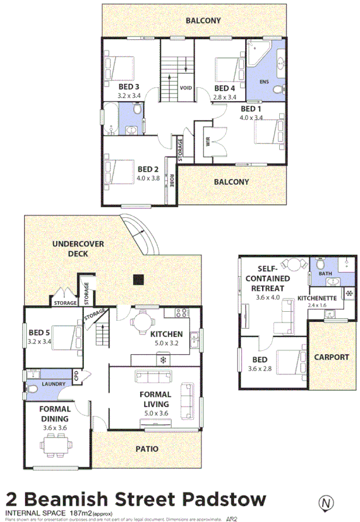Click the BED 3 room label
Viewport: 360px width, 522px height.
coord(128,86)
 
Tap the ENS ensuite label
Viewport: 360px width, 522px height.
coord(265,81)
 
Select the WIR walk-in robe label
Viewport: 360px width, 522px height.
coord(207,142)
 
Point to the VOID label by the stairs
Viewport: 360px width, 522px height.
coord(186,88)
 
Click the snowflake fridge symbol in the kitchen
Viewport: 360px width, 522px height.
coord(163,360)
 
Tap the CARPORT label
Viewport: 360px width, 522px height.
coord(331,357)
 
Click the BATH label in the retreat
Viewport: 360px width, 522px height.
coord(325,274)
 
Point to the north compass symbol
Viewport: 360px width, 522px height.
coord(326,504)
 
